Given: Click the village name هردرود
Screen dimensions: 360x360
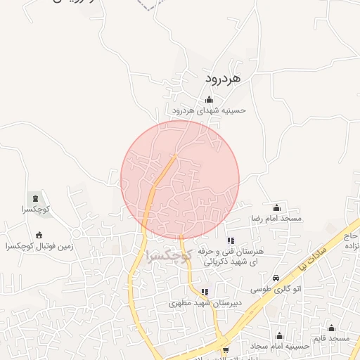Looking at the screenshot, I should pyautogui.click(x=223, y=78).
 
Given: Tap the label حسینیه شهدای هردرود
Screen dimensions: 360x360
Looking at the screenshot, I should pyautogui.click(x=209, y=111).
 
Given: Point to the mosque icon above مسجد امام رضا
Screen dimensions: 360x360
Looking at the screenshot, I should pyautogui.click(x=276, y=207).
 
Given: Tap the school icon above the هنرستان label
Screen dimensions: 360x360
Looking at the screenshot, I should pyautogui.click(x=231, y=241).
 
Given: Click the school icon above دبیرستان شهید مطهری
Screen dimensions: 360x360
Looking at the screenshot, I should pyautogui.click(x=205, y=292).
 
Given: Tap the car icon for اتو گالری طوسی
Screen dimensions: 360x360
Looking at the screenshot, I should pyautogui.click(x=276, y=277).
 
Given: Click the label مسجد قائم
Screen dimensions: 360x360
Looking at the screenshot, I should pyautogui.click(x=332, y=339).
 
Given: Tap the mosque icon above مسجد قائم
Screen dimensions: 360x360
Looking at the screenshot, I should pyautogui.click(x=331, y=328).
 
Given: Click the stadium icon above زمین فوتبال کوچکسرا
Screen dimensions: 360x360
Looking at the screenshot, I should pyautogui.click(x=39, y=235).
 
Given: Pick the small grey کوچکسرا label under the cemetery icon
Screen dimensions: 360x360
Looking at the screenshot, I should pyautogui.click(x=34, y=210).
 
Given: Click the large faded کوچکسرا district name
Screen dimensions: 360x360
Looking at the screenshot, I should pyautogui.click(x=168, y=257).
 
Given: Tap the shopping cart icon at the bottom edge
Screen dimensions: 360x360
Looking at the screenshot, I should pyautogui.click(x=225, y=350).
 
